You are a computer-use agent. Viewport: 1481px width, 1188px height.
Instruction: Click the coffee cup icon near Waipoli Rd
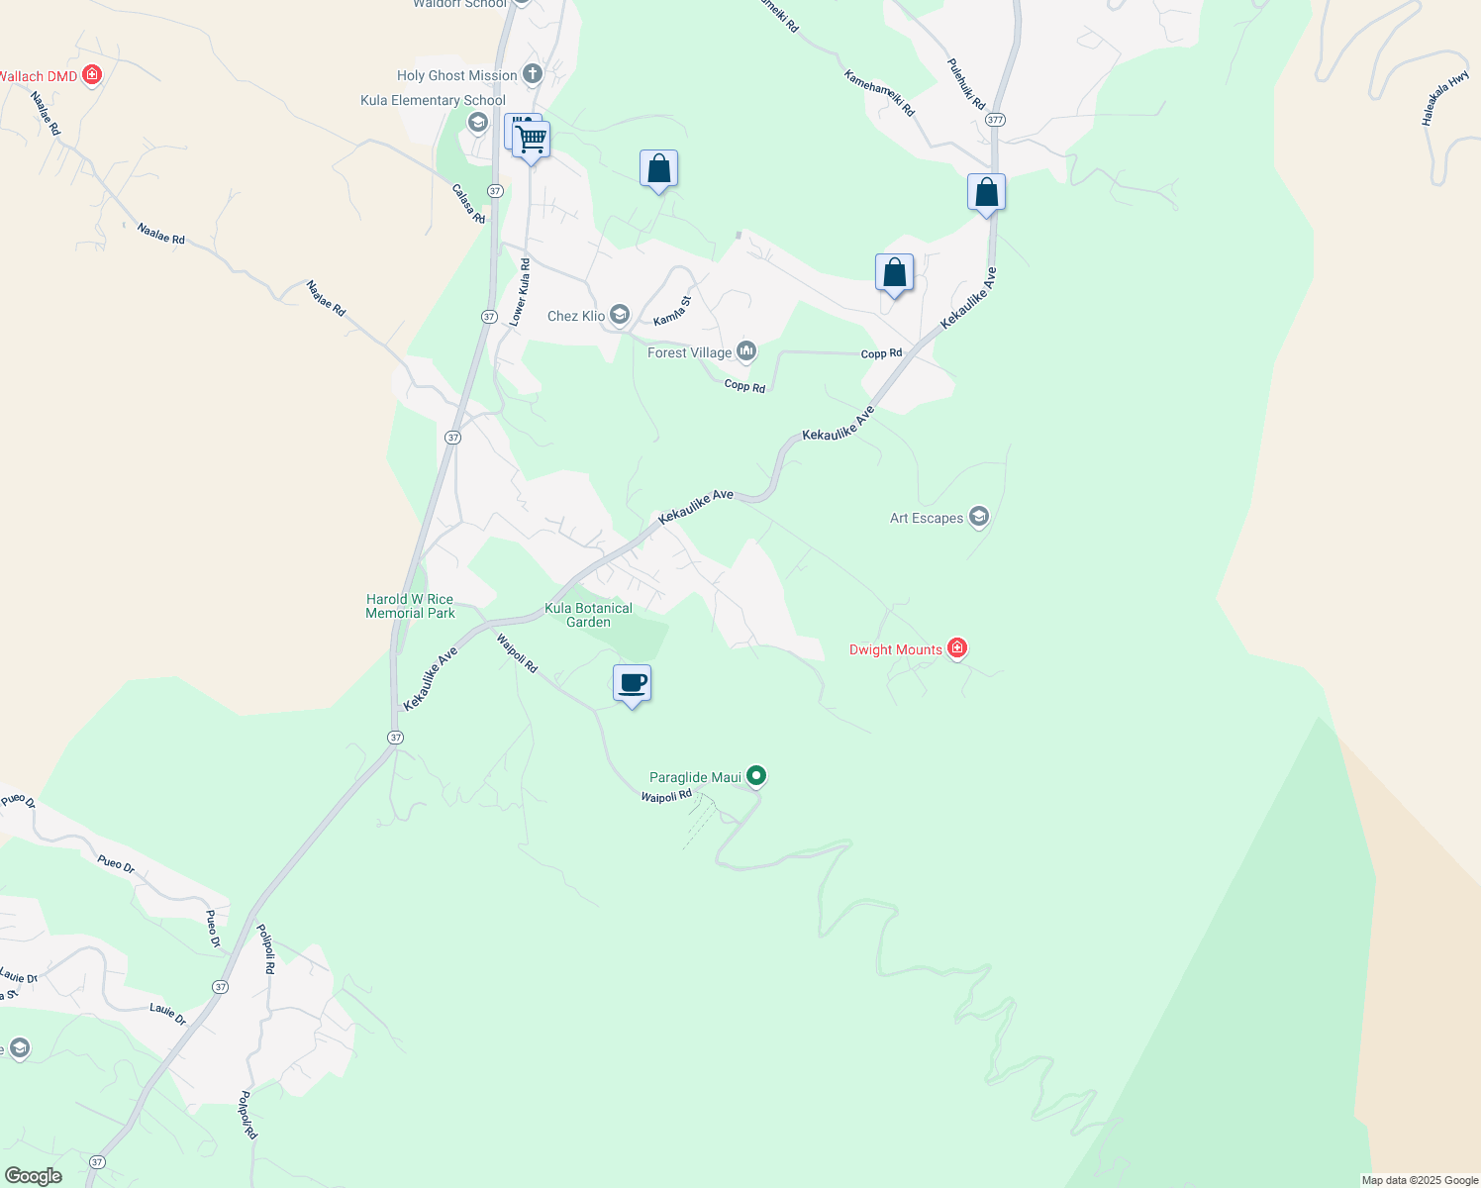(x=632, y=683)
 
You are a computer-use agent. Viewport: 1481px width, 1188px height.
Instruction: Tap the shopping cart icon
(x=532, y=139)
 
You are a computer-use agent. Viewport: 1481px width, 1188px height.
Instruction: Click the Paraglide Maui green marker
(x=756, y=776)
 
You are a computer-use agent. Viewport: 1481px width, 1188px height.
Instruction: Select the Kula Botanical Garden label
(x=588, y=615)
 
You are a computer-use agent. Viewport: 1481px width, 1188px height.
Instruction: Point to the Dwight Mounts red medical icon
(x=956, y=648)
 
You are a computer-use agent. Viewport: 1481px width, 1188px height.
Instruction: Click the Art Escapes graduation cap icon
(x=979, y=517)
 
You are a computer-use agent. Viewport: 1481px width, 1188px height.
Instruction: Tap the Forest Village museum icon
(x=746, y=351)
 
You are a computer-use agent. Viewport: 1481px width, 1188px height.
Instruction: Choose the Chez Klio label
(x=576, y=316)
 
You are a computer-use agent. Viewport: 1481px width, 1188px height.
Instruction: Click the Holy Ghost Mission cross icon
(x=533, y=74)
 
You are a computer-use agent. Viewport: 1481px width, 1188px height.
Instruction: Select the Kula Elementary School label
(x=433, y=100)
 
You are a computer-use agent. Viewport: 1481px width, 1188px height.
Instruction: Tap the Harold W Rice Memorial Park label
(x=410, y=606)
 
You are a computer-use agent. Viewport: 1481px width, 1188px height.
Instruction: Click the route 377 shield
(x=995, y=119)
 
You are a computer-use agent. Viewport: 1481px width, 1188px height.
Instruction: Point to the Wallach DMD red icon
(x=92, y=74)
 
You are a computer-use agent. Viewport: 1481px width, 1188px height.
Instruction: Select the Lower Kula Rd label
(x=519, y=292)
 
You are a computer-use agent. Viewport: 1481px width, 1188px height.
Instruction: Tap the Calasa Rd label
(x=468, y=204)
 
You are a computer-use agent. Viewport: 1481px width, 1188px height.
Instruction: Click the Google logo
(x=33, y=1176)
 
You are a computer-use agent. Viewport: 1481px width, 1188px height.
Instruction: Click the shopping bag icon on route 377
(x=986, y=192)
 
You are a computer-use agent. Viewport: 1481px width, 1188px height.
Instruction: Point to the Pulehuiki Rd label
(x=965, y=84)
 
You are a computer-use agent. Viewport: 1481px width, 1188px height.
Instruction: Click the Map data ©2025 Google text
(x=1420, y=1180)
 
